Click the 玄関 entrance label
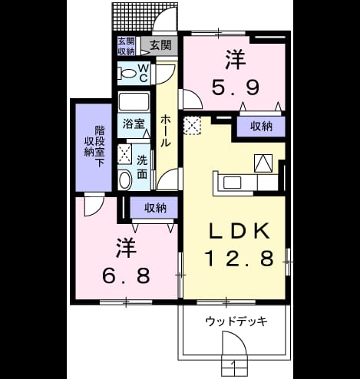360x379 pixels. point(160,45)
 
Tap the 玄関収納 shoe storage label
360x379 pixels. point(126,46)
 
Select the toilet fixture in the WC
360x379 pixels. point(127,74)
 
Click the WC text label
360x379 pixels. point(144,73)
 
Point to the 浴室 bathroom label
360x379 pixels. point(134,124)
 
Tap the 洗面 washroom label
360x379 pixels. point(142,167)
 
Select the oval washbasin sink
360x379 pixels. point(125,180)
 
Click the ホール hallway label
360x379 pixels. point(165,130)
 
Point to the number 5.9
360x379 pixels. point(235,87)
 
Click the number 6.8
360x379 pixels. point(126,275)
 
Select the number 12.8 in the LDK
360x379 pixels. point(239,258)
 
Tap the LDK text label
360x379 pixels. point(239,231)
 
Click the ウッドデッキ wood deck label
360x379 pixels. point(236,321)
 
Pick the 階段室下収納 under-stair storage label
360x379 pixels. point(95,146)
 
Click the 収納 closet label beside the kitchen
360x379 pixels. point(261,127)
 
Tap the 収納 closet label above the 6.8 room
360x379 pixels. point(155,208)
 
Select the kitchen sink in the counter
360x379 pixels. point(232,183)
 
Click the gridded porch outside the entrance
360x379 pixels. point(133,17)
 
